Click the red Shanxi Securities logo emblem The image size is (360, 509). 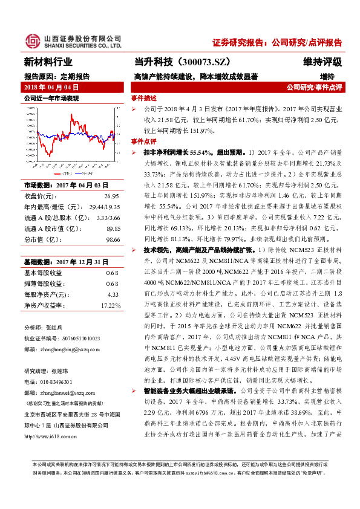click(x=31, y=41)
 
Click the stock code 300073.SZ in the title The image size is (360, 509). click(x=206, y=62)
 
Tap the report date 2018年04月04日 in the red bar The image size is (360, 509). click(x=50, y=88)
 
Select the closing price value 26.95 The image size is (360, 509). click(x=111, y=196)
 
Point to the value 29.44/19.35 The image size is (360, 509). click(x=103, y=206)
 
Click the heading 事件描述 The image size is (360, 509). click(x=143, y=98)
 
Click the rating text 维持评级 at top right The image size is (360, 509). click(x=322, y=62)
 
